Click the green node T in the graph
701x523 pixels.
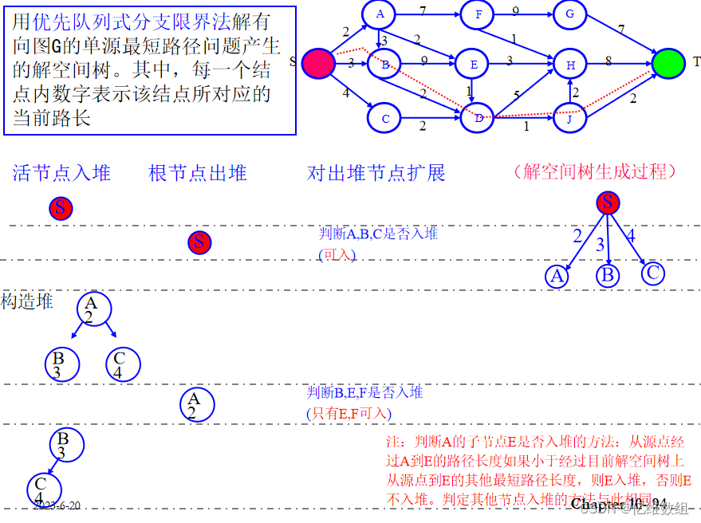pyautogui.click(x=668, y=63)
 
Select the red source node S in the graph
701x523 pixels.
pyautogui.click(x=317, y=63)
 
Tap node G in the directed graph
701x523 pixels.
pyautogui.click(x=569, y=14)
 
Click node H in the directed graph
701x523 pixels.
pyautogui.click(x=570, y=65)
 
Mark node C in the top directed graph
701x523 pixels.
pyautogui.click(x=384, y=118)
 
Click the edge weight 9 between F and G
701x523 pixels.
pyautogui.click(x=516, y=11)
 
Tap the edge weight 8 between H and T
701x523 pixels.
pyautogui.click(x=608, y=60)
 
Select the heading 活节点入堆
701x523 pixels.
pyautogui.click(x=61, y=172)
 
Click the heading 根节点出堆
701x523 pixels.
pyautogui.click(x=198, y=172)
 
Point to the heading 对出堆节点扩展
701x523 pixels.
pyautogui.click(x=376, y=172)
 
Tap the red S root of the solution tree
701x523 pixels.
pyautogui.click(x=608, y=203)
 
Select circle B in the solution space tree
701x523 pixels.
pyautogui.click(x=608, y=275)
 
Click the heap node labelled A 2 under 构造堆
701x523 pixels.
pyautogui.click(x=95, y=309)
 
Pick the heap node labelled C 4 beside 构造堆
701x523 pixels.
pyautogui.click(x=123, y=364)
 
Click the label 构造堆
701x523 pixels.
pyautogui.click(x=27, y=301)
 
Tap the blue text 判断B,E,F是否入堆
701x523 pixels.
pyautogui.click(x=364, y=392)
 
